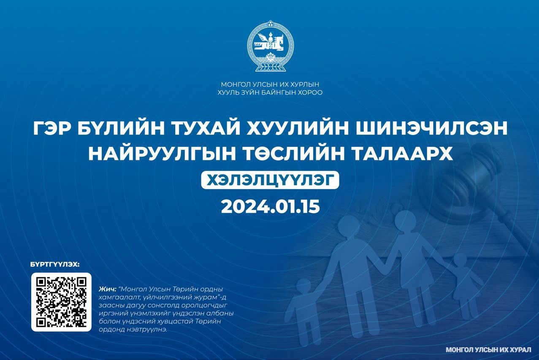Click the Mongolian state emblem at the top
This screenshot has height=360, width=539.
click(x=270, y=46)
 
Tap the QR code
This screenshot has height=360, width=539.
click(x=61, y=302)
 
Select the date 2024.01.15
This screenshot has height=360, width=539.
click(x=270, y=206)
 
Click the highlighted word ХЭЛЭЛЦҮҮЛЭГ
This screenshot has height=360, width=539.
click(x=270, y=180)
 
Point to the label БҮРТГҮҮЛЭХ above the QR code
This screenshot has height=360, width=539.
click(x=55, y=265)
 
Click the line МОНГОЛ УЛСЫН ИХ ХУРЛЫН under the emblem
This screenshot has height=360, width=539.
click(x=270, y=84)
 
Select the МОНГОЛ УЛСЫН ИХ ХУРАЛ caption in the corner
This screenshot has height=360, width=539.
click(x=488, y=350)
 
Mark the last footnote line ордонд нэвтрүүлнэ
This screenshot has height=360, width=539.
click(x=133, y=330)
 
